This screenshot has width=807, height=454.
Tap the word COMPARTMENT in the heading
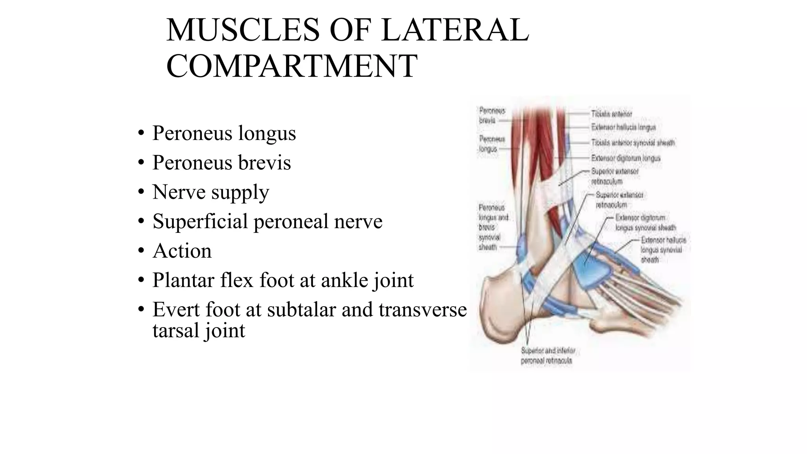pyautogui.click(x=292, y=66)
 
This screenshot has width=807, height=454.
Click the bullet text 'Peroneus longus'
pyautogui.click(x=224, y=133)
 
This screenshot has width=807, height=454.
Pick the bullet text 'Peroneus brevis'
pyautogui.click(x=221, y=162)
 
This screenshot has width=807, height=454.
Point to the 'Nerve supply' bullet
pyautogui.click(x=210, y=192)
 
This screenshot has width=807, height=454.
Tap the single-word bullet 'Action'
pyautogui.click(x=182, y=251)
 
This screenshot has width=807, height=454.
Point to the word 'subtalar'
pyautogui.click(x=301, y=309)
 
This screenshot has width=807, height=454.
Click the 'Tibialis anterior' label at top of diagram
pyautogui.click(x=611, y=114)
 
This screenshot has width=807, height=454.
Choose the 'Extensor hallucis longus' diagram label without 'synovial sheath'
pyautogui.click(x=623, y=127)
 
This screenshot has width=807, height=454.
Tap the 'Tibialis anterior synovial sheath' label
pyautogui.click(x=633, y=143)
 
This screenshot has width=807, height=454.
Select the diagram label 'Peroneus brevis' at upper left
pyautogui.click(x=492, y=115)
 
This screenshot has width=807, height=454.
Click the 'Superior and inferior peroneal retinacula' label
pyautogui.click(x=548, y=355)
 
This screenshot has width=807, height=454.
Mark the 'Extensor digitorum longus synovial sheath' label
pyautogui.click(x=645, y=223)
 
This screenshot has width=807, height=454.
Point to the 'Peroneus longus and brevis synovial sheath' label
pyautogui.click(x=493, y=227)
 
